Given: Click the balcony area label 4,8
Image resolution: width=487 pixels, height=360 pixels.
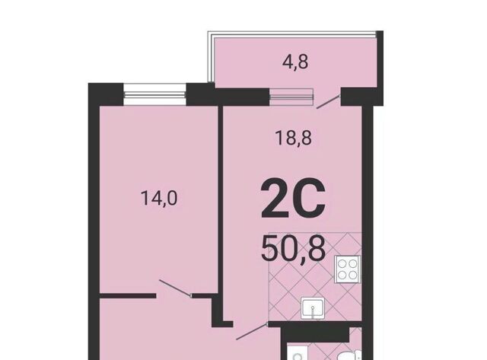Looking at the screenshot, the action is [295, 62].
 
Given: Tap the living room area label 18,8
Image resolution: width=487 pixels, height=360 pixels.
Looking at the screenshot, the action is [294, 138].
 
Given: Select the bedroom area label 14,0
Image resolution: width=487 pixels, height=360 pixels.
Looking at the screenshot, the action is [159, 198].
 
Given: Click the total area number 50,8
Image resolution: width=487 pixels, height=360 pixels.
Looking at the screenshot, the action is [293, 248].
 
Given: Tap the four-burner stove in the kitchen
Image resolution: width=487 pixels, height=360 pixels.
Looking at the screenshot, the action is [348, 269].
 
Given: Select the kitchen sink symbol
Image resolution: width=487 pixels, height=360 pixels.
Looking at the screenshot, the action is [313, 307].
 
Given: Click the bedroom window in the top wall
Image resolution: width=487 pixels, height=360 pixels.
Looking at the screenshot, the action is [154, 94].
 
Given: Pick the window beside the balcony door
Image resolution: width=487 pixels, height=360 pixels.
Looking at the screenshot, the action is [291, 97].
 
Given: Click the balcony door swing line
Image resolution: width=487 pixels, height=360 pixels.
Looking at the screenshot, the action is [328, 102].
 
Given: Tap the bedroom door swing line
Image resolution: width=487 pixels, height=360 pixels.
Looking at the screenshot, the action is [175, 288].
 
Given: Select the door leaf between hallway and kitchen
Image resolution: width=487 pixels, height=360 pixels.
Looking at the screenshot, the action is [252, 331].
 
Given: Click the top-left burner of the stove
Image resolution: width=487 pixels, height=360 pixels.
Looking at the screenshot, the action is [342, 264].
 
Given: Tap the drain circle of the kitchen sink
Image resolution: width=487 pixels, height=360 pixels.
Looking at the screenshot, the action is [313, 307].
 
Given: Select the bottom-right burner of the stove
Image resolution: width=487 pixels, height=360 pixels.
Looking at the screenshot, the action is [353, 275].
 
